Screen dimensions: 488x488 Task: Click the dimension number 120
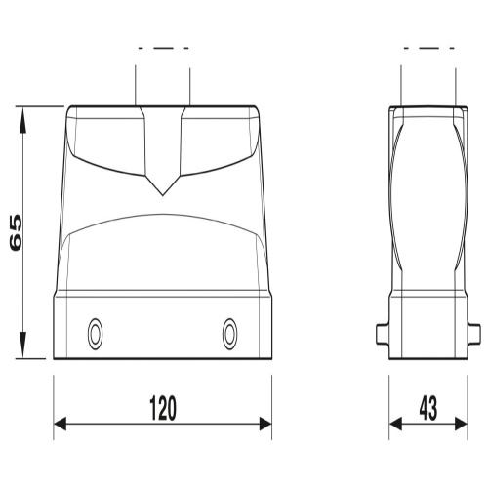coord(163,408)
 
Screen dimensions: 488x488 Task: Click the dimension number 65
coord(16,232)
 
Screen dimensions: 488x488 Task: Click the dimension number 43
coord(428,408)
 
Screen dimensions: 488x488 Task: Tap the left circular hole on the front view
coord(95,334)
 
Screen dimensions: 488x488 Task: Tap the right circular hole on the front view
coord(229,334)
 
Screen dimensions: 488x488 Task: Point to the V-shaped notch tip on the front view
coord(163,195)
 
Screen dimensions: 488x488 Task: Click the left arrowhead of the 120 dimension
coord(60,424)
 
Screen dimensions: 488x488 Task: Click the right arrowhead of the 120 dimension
coord(265,424)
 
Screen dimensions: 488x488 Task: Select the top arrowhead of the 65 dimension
coord(22,120)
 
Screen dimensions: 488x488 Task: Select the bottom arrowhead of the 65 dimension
coord(22,346)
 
